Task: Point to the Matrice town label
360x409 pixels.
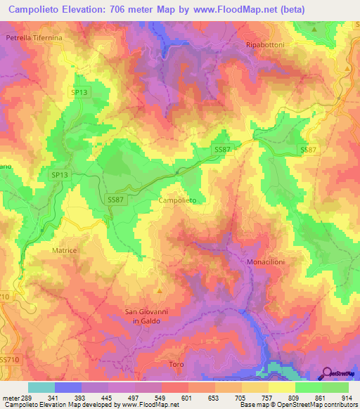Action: [64, 250]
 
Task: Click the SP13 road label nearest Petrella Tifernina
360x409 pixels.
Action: [79, 91]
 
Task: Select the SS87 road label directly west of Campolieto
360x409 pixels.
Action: [116, 200]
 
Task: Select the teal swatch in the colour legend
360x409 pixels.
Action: [41, 387]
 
